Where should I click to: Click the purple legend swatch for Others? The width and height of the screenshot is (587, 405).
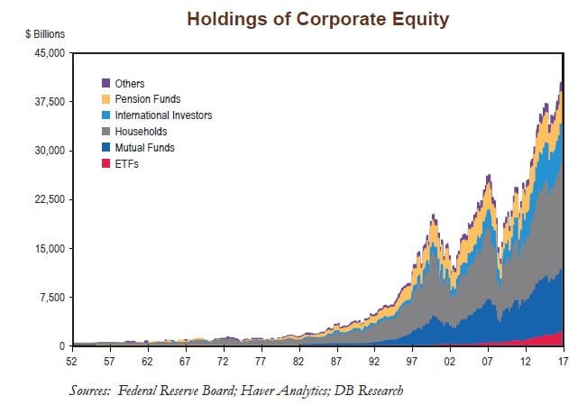105,84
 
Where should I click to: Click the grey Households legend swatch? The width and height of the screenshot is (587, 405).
105,132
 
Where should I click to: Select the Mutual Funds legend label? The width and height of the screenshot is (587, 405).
145,147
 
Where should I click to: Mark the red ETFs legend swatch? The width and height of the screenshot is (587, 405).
105,163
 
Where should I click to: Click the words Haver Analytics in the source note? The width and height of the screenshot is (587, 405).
279,390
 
